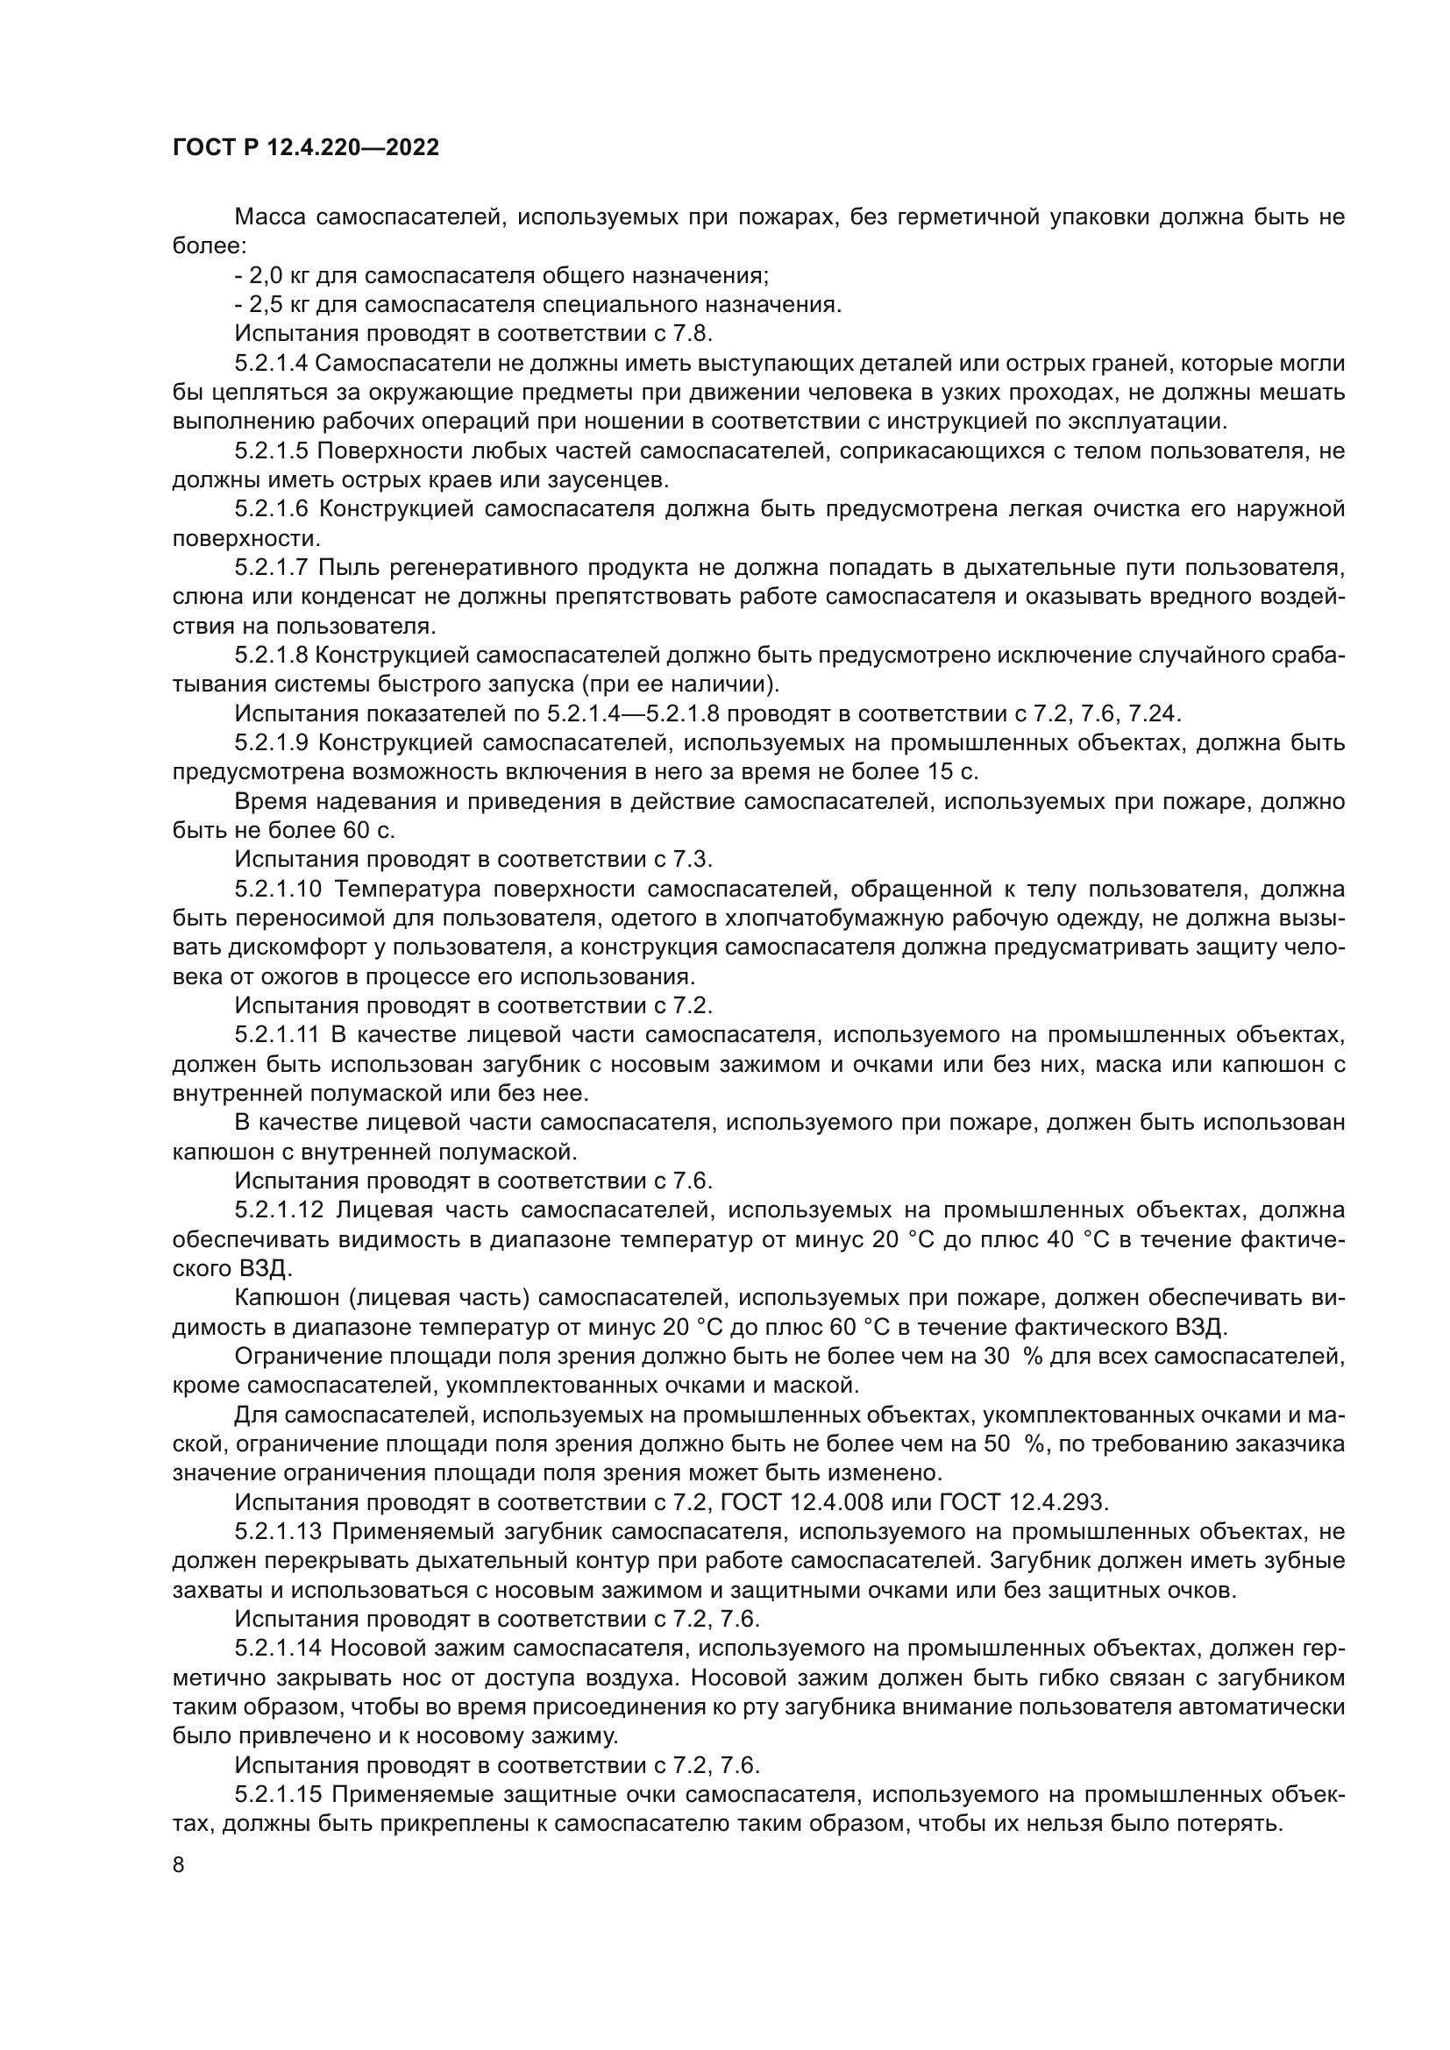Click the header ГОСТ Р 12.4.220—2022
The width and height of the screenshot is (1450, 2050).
305,148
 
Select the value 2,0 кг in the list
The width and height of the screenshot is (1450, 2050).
276,275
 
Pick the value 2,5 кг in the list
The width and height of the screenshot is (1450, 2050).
276,304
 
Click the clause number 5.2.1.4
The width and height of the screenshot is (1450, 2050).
272,364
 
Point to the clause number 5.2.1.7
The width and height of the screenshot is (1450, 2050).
272,568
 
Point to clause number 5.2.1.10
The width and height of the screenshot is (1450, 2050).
277,890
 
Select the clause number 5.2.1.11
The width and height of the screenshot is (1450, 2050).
277,1035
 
